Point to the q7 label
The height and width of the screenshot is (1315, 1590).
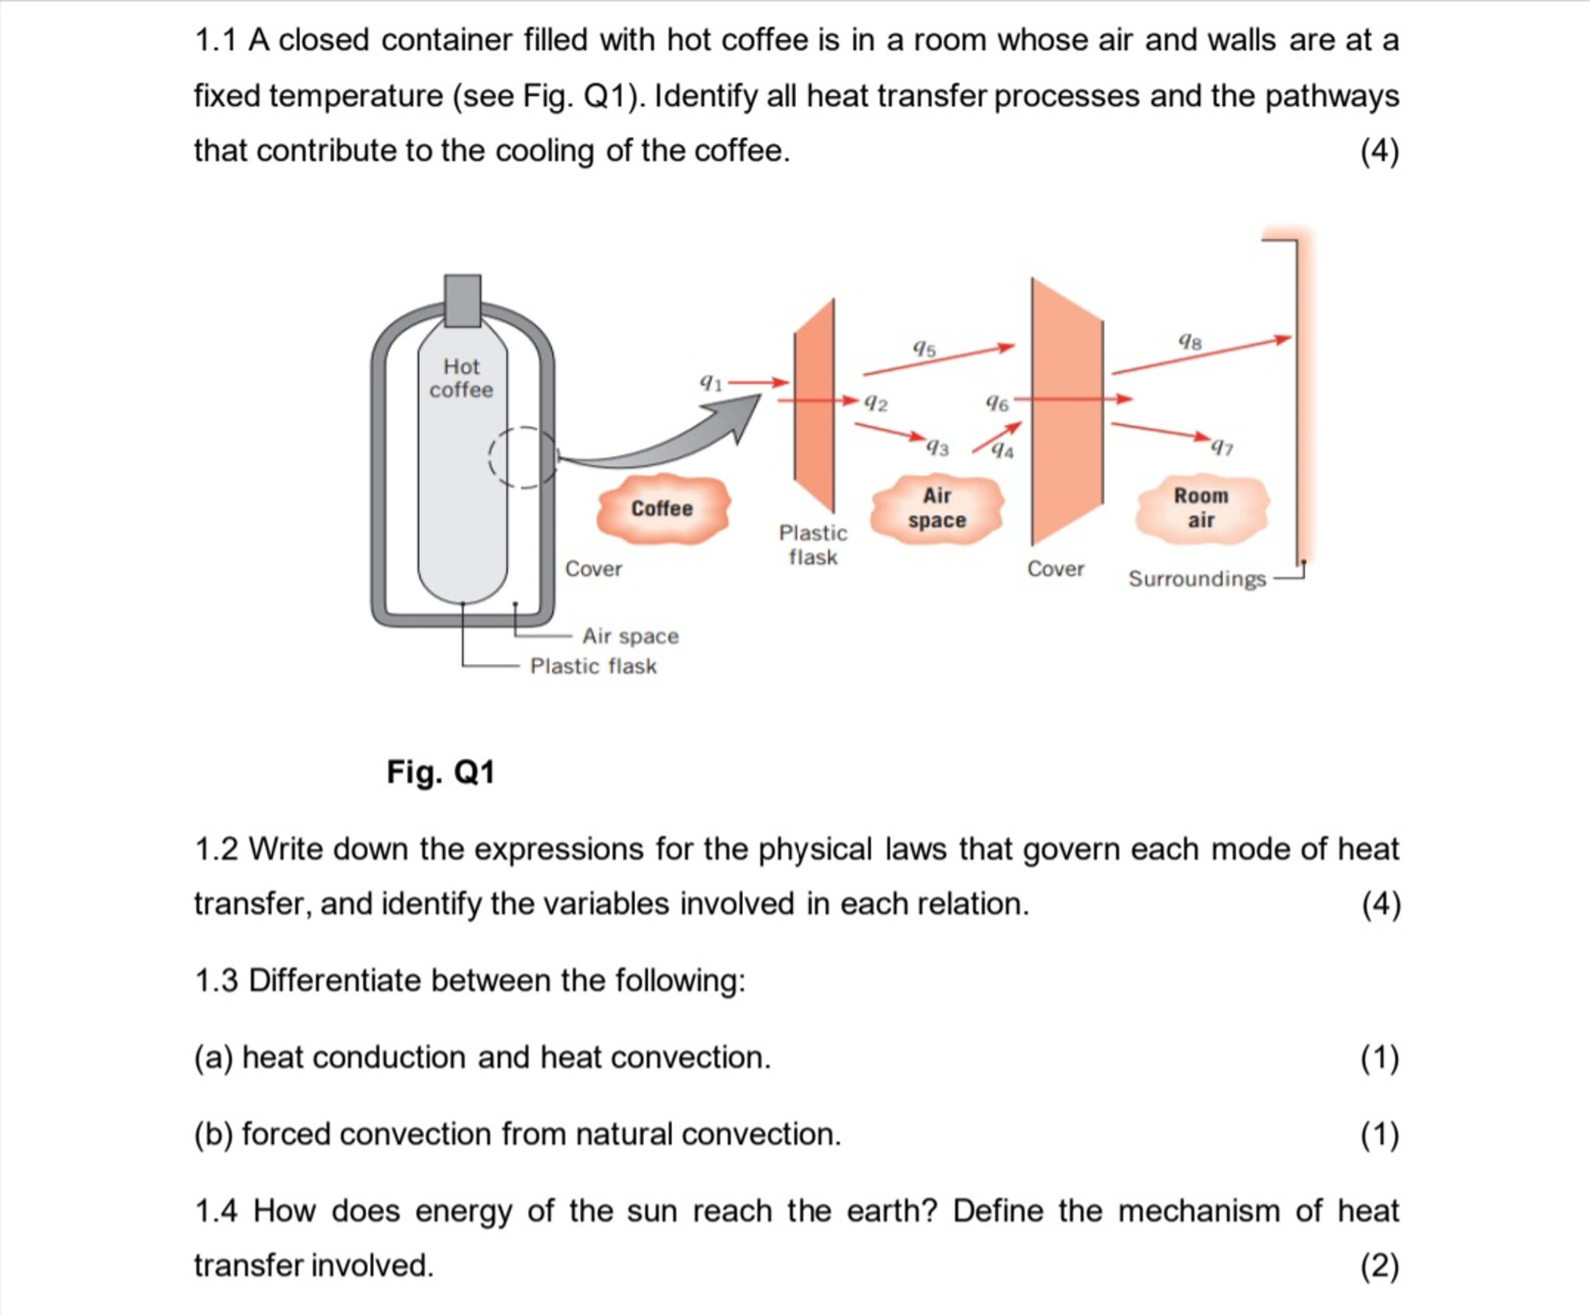pyautogui.click(x=1222, y=447)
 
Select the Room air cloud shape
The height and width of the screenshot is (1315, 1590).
pyautogui.click(x=1201, y=508)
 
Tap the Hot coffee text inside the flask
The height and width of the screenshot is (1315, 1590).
pyautogui.click(x=461, y=378)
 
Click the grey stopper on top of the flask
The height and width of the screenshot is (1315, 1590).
pyautogui.click(x=462, y=300)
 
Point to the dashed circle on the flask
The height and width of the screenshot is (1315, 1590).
pyautogui.click(x=522, y=457)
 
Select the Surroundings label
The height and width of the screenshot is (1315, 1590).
pyautogui.click(x=1196, y=579)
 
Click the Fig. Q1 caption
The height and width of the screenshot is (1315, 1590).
pyautogui.click(x=440, y=772)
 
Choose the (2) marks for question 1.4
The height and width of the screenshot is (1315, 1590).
pyautogui.click(x=1380, y=1266)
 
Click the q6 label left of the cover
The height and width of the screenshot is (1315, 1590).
pyautogui.click(x=996, y=404)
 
